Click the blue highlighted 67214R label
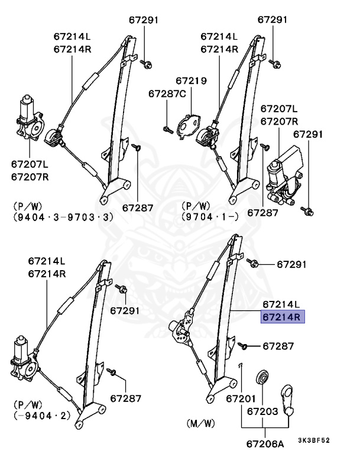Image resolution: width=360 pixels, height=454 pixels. [x=282, y=317]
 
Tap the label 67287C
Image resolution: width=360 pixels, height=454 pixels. [x=167, y=93]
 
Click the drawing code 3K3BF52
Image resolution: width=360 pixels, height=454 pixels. [x=314, y=440]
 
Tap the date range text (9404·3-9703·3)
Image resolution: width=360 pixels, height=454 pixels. [x=62, y=217]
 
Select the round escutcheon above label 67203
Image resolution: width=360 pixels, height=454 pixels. [x=261, y=378]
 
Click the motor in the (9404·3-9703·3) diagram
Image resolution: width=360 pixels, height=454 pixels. [x=28, y=118]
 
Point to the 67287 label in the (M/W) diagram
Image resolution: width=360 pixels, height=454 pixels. [x=278, y=346]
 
